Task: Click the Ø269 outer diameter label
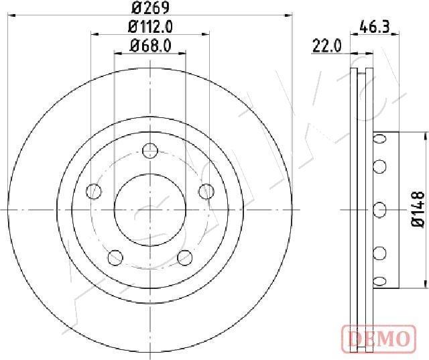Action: click(x=150, y=7)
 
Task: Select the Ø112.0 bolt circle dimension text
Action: click(x=150, y=27)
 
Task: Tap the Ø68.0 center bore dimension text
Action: click(x=150, y=46)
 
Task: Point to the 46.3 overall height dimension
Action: click(x=375, y=27)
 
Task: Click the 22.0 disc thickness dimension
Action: click(x=327, y=46)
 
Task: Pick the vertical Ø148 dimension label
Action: click(x=418, y=209)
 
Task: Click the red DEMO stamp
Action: click(x=379, y=339)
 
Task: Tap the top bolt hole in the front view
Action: click(x=150, y=151)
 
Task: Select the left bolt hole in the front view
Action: click(x=94, y=192)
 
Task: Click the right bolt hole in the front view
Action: click(x=206, y=192)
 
